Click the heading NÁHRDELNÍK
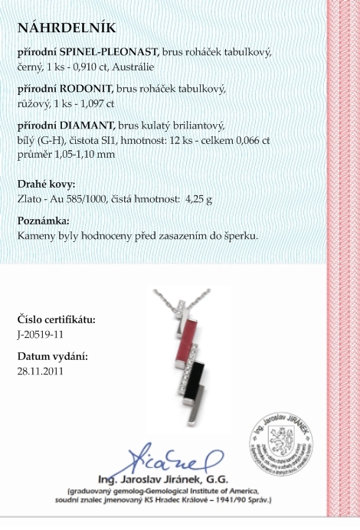67,28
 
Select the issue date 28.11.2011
41,371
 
